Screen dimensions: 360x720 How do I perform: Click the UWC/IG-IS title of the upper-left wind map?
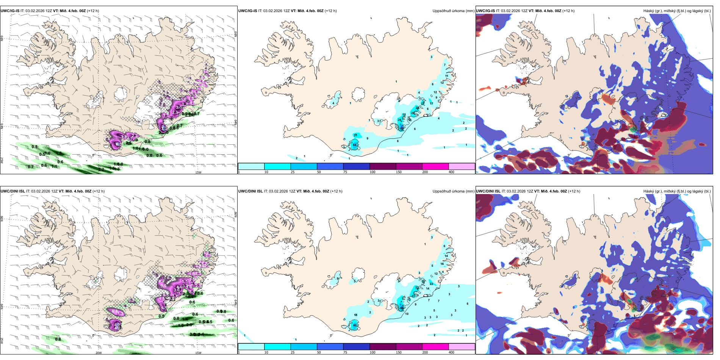[x=10, y=11]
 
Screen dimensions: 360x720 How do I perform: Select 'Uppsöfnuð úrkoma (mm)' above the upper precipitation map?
[x=453, y=11]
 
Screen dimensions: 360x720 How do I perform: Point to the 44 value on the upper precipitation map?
[x=354, y=145]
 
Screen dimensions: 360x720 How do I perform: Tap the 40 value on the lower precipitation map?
[x=355, y=325]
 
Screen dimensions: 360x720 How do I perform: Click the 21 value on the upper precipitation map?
[x=355, y=135]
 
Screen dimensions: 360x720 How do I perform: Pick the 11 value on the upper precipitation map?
[x=447, y=76]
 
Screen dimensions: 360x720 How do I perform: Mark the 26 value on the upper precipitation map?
[x=399, y=120]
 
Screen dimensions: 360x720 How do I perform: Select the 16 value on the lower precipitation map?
[x=442, y=264]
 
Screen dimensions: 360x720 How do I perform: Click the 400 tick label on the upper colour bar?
[x=451, y=172]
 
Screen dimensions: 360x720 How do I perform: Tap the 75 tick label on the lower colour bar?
[x=345, y=352]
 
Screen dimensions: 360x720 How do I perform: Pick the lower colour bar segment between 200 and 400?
[x=462, y=346]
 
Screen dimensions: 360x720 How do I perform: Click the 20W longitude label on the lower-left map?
[x=99, y=353]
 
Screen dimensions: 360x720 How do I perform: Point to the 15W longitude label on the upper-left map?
[x=198, y=172]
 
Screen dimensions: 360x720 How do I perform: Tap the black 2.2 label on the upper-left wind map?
[x=101, y=169]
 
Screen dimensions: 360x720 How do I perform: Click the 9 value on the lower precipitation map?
[x=415, y=304]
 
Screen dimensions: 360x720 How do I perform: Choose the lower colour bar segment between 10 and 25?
[x=277, y=346]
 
